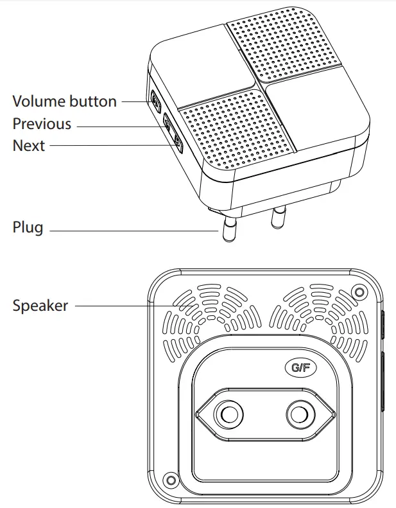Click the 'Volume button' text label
(64, 101)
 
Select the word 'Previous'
(42, 124)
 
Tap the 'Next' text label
(29, 146)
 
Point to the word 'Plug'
(28, 228)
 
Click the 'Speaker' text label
(40, 306)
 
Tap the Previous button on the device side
(168, 123)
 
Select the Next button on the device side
(178, 146)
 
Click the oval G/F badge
(300, 368)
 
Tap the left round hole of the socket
(227, 415)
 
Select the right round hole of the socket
(297, 415)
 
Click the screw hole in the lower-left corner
(169, 479)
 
